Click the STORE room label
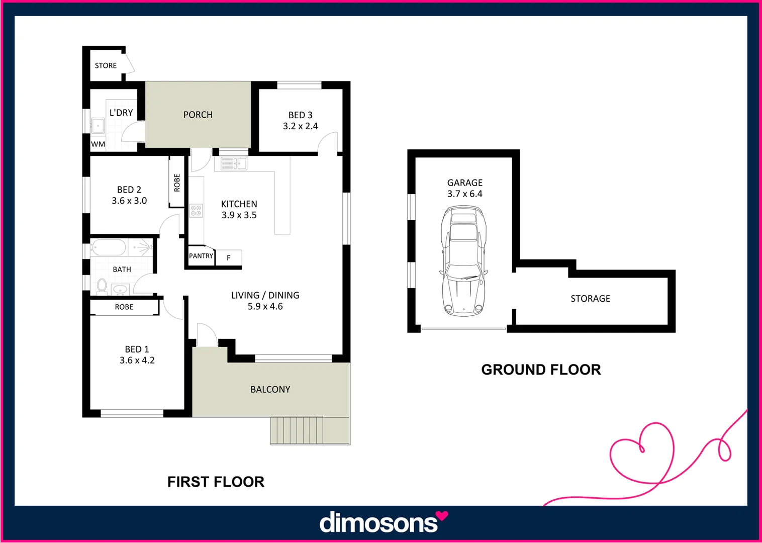tap(106, 65)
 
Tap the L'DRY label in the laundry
tap(121, 113)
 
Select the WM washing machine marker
tap(98, 144)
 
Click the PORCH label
tap(198, 115)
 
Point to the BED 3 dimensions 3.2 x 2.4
tap(300, 126)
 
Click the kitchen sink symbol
tap(234, 163)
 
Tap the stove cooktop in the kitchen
tap(196, 211)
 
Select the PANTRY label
tap(201, 256)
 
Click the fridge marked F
tap(229, 258)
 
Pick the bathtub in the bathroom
tap(108, 247)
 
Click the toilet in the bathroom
tap(102, 286)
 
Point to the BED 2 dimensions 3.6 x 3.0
tap(129, 201)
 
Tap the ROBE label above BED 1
tap(124, 307)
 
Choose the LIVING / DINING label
tap(265, 295)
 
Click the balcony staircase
tap(297, 430)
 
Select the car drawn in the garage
tap(463, 261)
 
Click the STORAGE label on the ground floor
tap(590, 299)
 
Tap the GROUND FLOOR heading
tap(541, 370)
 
